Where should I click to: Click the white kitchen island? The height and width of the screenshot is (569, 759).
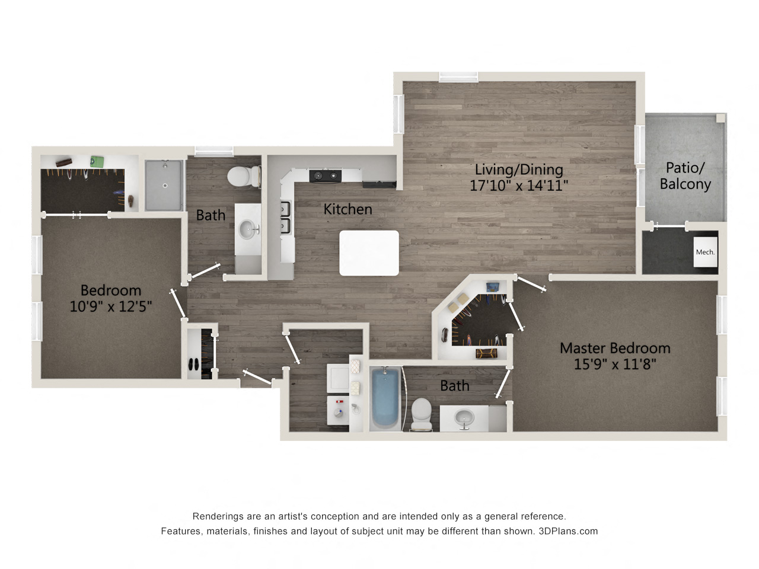tap(369, 253)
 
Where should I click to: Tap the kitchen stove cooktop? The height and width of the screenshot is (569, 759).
tap(325, 175)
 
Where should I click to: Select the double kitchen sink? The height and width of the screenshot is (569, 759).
tap(285, 217)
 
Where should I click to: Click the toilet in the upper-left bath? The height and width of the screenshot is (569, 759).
tap(243, 176)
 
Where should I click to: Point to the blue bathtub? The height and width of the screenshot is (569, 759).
tap(385, 398)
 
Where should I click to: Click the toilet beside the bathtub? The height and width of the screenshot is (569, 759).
tap(421, 413)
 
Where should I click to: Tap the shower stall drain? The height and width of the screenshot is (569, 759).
tap(165, 186)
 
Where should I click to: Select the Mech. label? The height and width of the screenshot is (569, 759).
tap(705, 252)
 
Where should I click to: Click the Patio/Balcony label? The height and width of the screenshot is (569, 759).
tap(685, 176)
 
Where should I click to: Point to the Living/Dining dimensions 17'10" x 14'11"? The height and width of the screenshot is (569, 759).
tap(519, 186)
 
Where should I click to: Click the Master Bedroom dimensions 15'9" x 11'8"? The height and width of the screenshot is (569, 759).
tap(615, 364)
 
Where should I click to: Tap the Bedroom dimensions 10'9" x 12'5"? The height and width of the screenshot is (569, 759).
tap(111, 306)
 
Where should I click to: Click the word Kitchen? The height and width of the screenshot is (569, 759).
tap(347, 209)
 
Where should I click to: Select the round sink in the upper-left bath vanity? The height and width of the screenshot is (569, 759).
tap(249, 229)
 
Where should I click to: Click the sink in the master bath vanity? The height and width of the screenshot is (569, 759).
tap(464, 419)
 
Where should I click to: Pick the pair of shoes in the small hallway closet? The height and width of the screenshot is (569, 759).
tap(194, 365)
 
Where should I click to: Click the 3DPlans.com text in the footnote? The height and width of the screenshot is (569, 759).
tap(568, 531)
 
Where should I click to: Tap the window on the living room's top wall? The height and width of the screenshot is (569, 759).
tap(458, 76)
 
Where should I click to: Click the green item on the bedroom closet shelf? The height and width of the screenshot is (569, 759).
tap(97, 161)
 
